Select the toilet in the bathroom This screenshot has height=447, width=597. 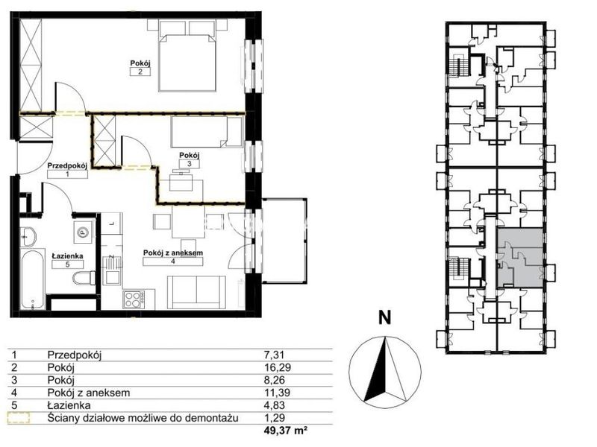84,277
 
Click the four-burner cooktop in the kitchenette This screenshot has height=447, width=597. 134,299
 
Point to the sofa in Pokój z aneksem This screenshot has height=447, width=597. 196,292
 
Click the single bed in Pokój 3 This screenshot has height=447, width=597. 207,132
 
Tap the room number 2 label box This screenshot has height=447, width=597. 140,72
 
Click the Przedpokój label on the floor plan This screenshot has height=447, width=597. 67,165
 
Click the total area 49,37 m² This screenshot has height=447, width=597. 285,431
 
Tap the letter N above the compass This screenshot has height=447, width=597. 384,318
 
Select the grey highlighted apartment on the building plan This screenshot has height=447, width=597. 520,258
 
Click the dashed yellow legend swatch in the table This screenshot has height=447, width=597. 19,418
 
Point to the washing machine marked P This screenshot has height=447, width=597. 82,232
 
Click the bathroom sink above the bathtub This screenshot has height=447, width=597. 27,236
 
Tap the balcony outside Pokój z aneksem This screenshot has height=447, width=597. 284,241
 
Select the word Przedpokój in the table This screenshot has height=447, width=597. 75,355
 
